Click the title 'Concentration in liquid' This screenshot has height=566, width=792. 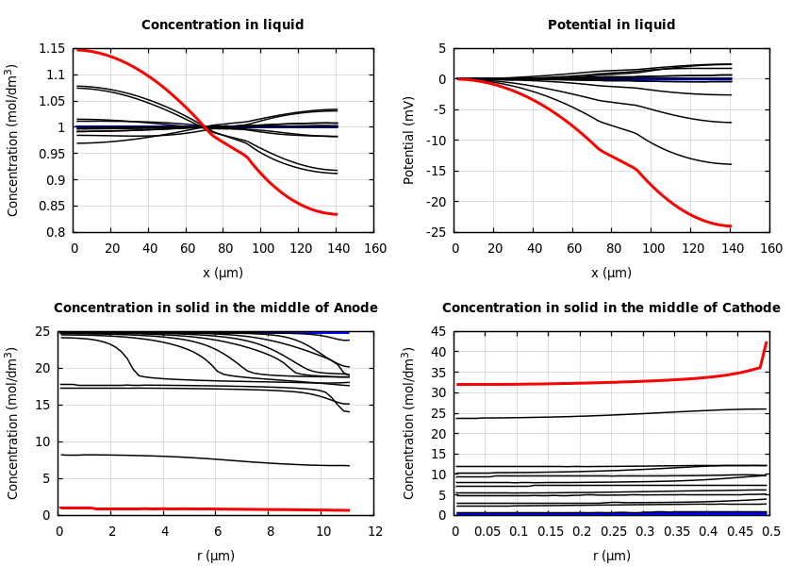(223, 25)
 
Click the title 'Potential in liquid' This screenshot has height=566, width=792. (611, 25)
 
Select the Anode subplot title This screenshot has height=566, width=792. (216, 308)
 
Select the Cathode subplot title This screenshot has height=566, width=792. (611, 308)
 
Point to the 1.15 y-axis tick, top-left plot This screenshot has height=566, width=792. (51, 49)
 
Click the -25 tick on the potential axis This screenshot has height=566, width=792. (434, 232)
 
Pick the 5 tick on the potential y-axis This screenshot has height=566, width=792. (441, 49)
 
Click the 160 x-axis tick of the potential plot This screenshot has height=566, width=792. (770, 248)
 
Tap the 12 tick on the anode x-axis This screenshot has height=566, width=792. (375, 531)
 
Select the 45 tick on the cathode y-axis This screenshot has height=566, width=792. (437, 332)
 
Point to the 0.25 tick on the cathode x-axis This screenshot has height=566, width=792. (613, 531)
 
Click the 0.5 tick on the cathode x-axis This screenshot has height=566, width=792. (770, 531)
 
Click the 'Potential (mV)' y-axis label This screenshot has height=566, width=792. (409, 140)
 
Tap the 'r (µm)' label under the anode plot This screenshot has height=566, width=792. (216, 556)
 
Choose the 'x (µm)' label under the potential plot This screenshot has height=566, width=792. (611, 273)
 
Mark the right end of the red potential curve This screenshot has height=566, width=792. (731, 226)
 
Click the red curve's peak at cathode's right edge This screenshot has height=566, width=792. (767, 343)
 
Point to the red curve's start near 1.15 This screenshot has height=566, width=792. (77, 49)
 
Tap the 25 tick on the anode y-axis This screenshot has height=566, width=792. (43, 332)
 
